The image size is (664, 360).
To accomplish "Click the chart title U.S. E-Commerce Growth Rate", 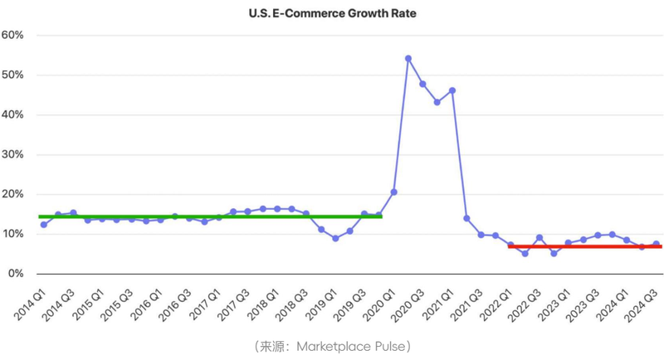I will point(332,13).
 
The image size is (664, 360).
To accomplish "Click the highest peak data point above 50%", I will point(408,59).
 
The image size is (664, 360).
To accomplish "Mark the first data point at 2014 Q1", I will point(43,225).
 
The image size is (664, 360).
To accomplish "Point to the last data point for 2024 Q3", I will point(656,245).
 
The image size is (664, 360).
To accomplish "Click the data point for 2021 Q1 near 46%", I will point(452,90).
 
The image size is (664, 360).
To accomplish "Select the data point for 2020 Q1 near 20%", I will point(393,192).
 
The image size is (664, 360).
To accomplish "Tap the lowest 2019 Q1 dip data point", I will point(335,238).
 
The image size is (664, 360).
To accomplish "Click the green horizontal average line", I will point(207,216).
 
